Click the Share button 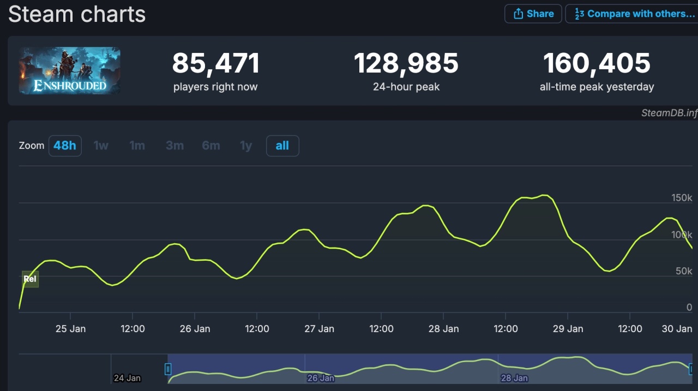click(533, 14)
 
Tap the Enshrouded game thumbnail click(70, 70)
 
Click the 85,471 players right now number click(215, 64)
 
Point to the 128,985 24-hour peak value click(406, 64)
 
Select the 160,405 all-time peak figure click(597, 64)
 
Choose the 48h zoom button click(65, 146)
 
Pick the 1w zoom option click(101, 146)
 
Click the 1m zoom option click(137, 146)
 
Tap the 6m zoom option click(210, 146)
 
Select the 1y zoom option click(246, 146)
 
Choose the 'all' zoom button click(282, 146)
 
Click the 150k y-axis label click(682, 197)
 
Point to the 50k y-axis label click(684, 271)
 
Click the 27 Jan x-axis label click(319, 329)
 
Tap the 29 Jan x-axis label click(568, 329)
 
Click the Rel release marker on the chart click(30, 279)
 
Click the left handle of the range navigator click(168, 369)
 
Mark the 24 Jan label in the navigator click(127, 377)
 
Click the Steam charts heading click(77, 14)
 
